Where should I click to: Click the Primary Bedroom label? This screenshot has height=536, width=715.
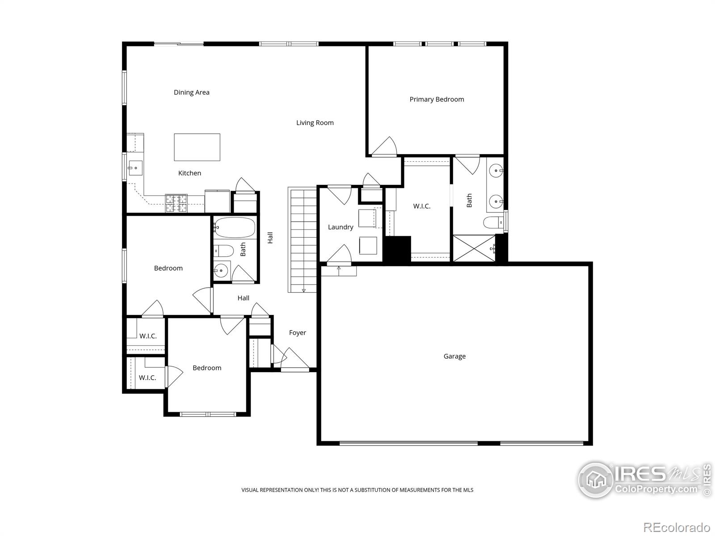[437, 99]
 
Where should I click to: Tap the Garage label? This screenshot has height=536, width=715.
[454, 356]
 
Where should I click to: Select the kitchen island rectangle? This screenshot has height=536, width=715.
[197, 147]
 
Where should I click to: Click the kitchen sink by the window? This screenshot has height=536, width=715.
[135, 168]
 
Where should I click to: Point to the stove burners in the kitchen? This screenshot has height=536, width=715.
[177, 203]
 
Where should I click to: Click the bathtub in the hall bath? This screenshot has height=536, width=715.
[235, 228]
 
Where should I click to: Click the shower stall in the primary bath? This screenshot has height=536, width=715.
[474, 248]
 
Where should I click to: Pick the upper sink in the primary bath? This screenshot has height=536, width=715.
[496, 170]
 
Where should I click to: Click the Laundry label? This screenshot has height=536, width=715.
[341, 227]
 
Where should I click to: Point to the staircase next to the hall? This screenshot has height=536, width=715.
[303, 240]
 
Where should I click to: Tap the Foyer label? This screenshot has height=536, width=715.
[298, 333]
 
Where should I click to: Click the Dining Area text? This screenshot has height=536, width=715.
[191, 92]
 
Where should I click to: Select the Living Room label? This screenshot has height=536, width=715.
[315, 123]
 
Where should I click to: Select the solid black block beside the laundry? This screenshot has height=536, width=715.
[398, 249]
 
